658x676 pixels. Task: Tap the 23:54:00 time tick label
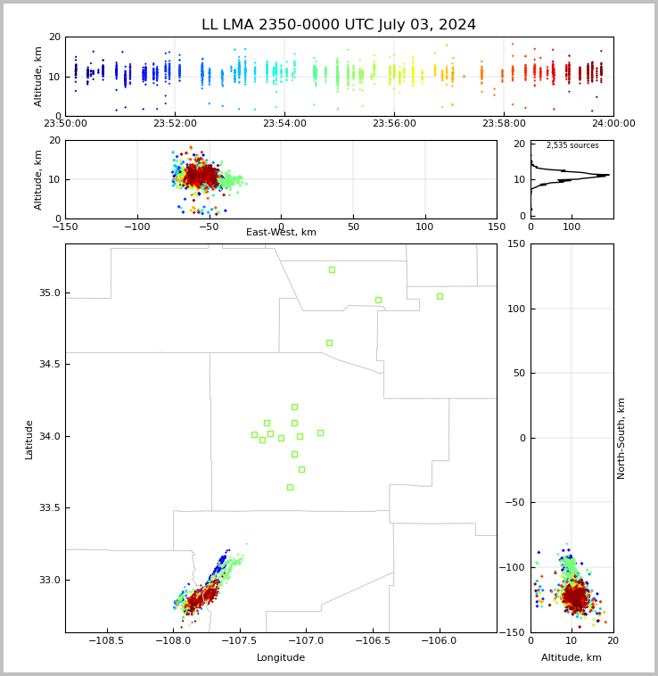tap(284, 124)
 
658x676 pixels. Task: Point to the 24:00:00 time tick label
tap(613, 124)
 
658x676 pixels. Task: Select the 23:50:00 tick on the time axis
tap(66, 124)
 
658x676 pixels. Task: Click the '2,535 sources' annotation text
tap(572, 145)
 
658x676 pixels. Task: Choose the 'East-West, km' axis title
tap(281, 233)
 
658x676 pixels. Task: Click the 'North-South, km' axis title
tap(621, 438)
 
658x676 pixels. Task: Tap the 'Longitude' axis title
tap(281, 658)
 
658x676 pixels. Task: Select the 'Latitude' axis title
tap(29, 439)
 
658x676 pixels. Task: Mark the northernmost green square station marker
tap(332, 269)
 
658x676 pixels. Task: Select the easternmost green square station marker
tap(440, 296)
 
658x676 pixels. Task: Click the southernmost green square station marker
tap(290, 487)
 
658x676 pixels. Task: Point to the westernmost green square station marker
tap(254, 435)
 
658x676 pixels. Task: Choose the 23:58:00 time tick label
tap(504, 124)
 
